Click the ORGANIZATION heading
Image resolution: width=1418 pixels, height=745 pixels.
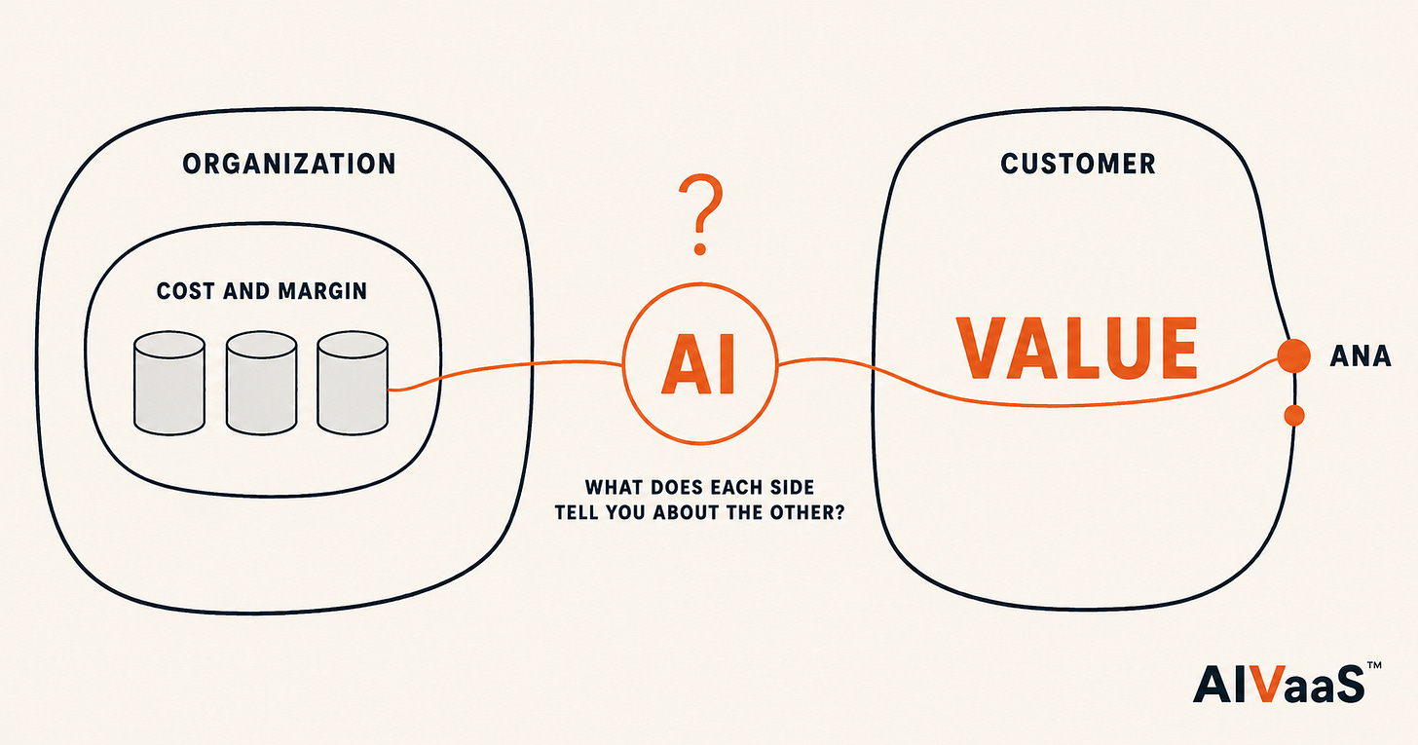(x=289, y=164)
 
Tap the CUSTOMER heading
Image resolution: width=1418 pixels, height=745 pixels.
(x=1078, y=164)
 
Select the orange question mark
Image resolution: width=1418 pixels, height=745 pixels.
(x=700, y=214)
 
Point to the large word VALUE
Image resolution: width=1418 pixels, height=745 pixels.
(x=1077, y=348)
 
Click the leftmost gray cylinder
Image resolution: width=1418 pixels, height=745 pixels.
(x=169, y=383)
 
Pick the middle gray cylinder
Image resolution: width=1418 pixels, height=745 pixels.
(x=261, y=383)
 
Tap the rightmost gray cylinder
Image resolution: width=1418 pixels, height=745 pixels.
(x=353, y=383)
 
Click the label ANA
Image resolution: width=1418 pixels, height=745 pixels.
(x=1361, y=356)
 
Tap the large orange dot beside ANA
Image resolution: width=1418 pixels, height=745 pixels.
(x=1294, y=355)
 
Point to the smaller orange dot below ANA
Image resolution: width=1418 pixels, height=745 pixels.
(x=1294, y=415)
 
